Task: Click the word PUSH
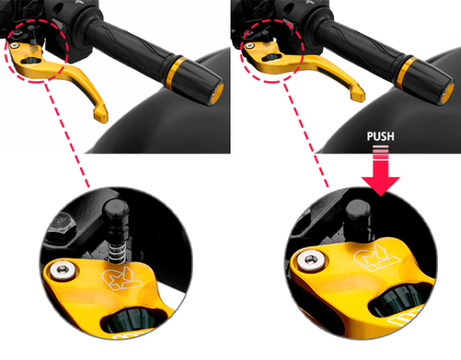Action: [380, 137]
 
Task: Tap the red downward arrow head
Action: [380, 186]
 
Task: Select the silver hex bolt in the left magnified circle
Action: [63, 269]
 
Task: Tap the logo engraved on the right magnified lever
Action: [376, 258]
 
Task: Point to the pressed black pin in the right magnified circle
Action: [357, 219]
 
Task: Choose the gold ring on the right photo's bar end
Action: [406, 71]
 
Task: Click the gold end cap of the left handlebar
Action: [218, 94]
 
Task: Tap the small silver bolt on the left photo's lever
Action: [14, 45]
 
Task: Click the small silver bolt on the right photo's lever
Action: [250, 45]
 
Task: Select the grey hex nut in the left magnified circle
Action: [61, 225]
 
